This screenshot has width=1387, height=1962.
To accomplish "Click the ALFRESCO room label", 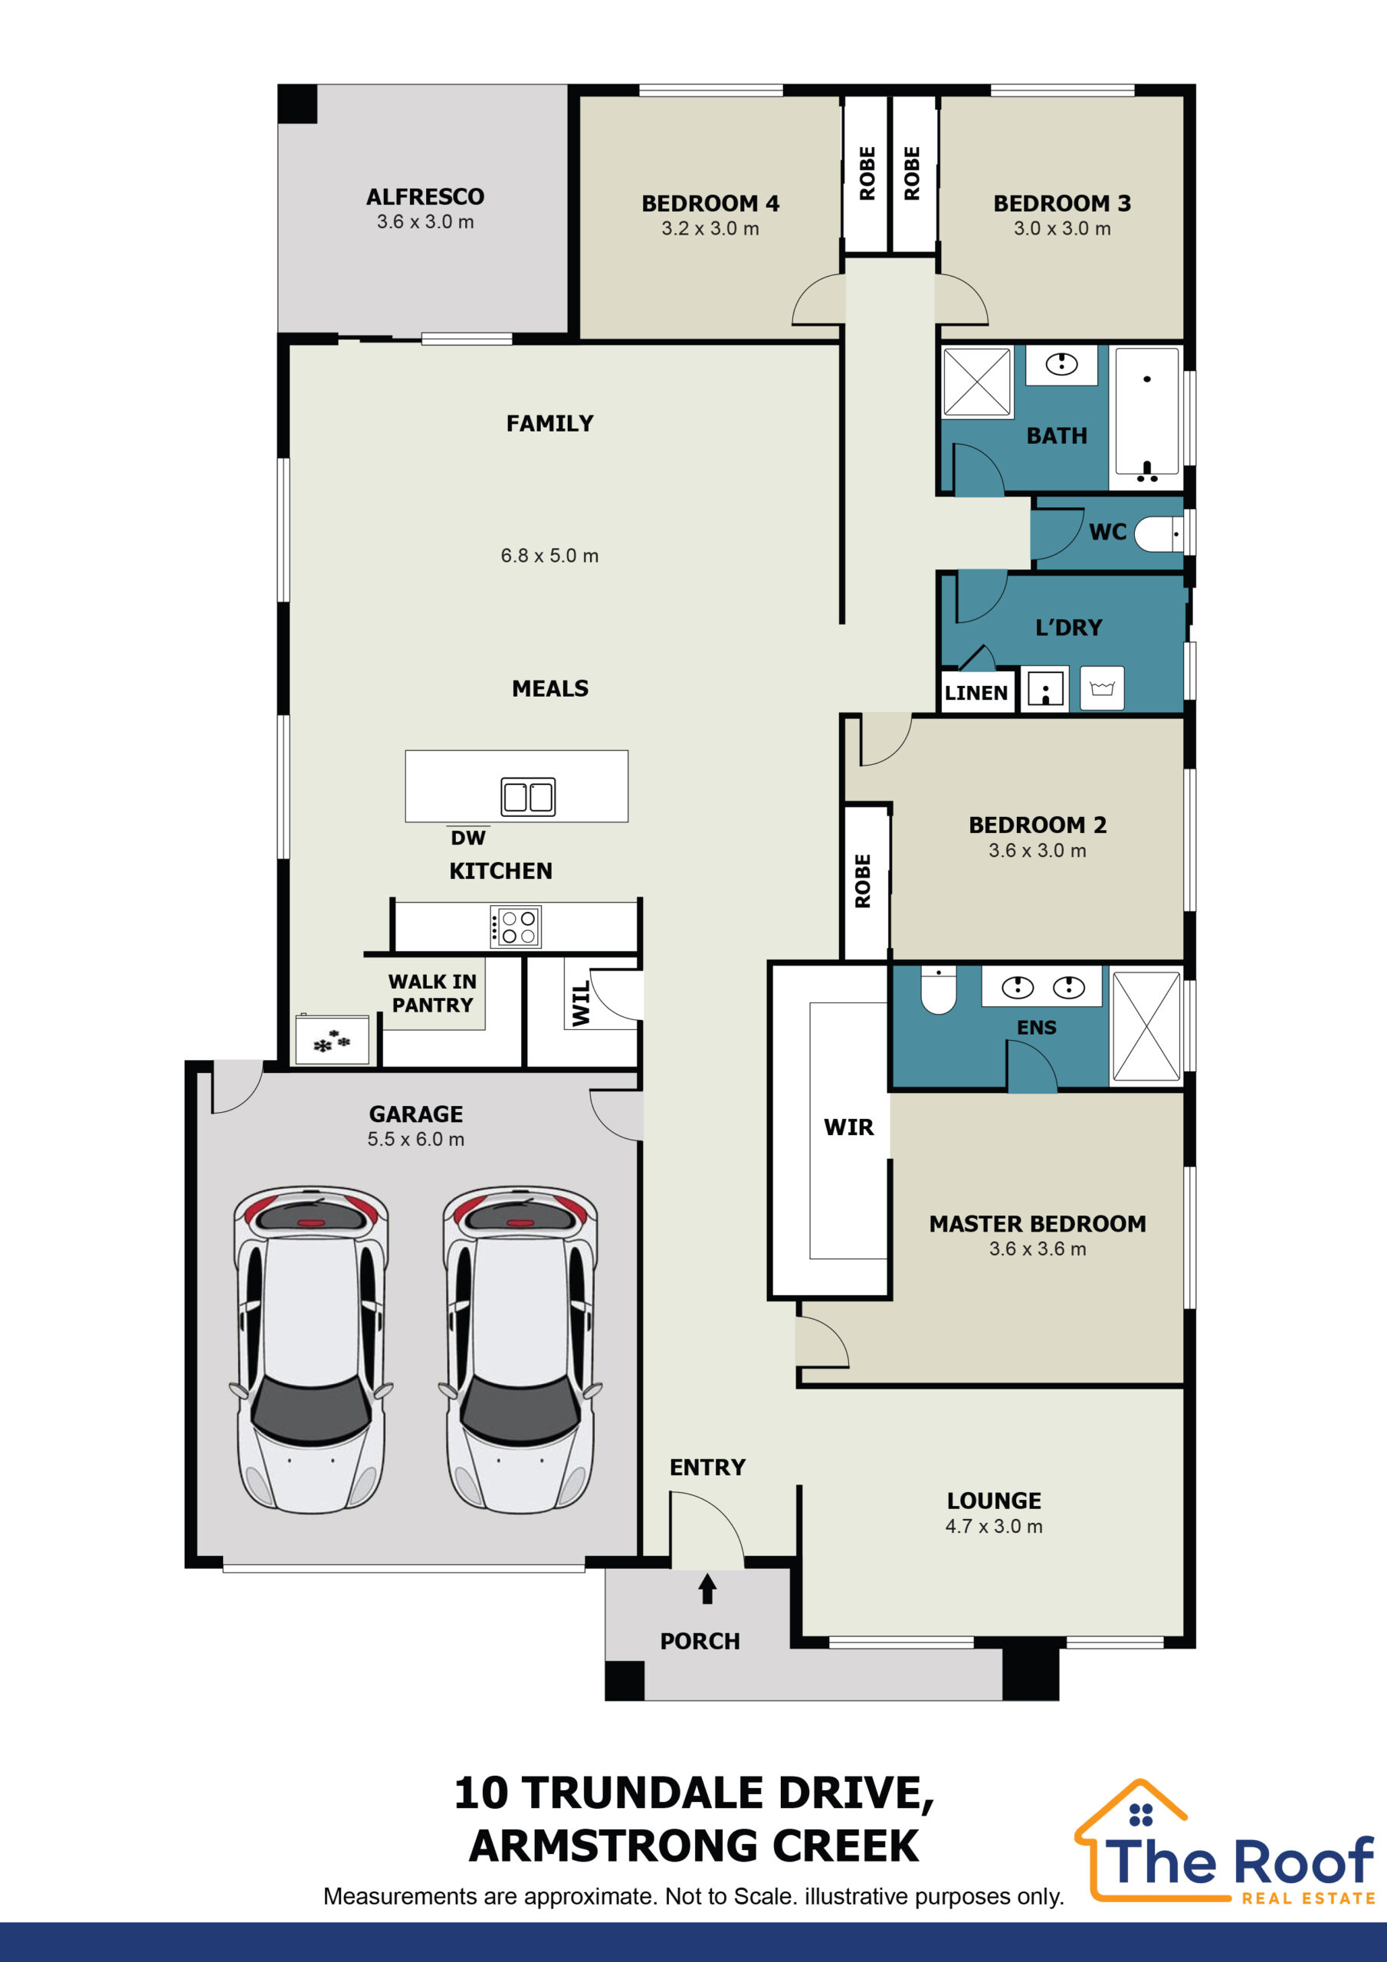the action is click(x=425, y=196).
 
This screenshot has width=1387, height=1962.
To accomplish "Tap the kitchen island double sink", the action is click(x=528, y=796).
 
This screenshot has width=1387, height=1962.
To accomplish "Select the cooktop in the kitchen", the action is click(x=515, y=927).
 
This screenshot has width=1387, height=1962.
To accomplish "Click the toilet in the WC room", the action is click(x=1159, y=534).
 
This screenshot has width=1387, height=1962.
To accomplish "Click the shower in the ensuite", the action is click(x=1146, y=1026).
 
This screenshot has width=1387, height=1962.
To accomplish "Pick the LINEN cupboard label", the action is click(x=976, y=693).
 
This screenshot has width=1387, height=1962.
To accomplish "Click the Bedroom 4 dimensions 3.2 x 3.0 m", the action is click(x=710, y=228).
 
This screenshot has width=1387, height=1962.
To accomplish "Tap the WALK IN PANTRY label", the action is click(x=432, y=993).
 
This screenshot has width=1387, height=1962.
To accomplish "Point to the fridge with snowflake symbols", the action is click(x=332, y=1040).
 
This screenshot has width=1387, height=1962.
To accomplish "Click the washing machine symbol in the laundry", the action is click(x=1102, y=688).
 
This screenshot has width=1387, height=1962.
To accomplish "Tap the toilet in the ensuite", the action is click(x=939, y=990).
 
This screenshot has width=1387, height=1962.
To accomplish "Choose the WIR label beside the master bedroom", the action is click(x=848, y=1127).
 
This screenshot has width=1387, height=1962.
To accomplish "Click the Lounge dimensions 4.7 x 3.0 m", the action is click(x=994, y=1526).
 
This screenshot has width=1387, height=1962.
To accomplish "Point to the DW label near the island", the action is click(x=468, y=838).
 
